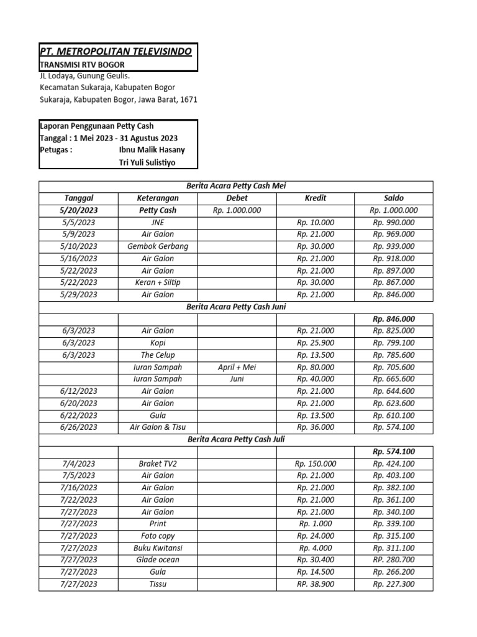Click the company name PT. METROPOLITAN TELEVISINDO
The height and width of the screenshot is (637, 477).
116,50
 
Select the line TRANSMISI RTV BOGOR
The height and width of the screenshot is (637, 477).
82,65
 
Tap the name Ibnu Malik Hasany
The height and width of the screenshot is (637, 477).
152,150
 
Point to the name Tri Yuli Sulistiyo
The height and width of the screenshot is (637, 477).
147,162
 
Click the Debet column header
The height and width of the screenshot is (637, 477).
237,198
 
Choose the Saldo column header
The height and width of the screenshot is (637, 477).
394,198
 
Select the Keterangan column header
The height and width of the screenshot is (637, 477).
157,198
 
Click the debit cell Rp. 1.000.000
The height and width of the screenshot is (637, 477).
237,210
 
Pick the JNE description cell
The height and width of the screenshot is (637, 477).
157,222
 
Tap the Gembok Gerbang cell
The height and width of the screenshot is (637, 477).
157,246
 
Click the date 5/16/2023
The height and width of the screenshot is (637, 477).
79,258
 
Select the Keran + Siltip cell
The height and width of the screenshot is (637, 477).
157,282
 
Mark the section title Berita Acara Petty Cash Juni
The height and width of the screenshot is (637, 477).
235,307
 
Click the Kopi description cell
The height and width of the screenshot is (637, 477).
157,343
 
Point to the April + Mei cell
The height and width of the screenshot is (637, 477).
237,367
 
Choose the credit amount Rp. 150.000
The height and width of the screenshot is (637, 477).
316,463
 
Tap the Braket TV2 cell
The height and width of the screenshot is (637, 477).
157,463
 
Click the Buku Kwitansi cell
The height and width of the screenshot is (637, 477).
157,548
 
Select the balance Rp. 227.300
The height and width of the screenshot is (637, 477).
394,584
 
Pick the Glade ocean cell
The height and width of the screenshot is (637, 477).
157,560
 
